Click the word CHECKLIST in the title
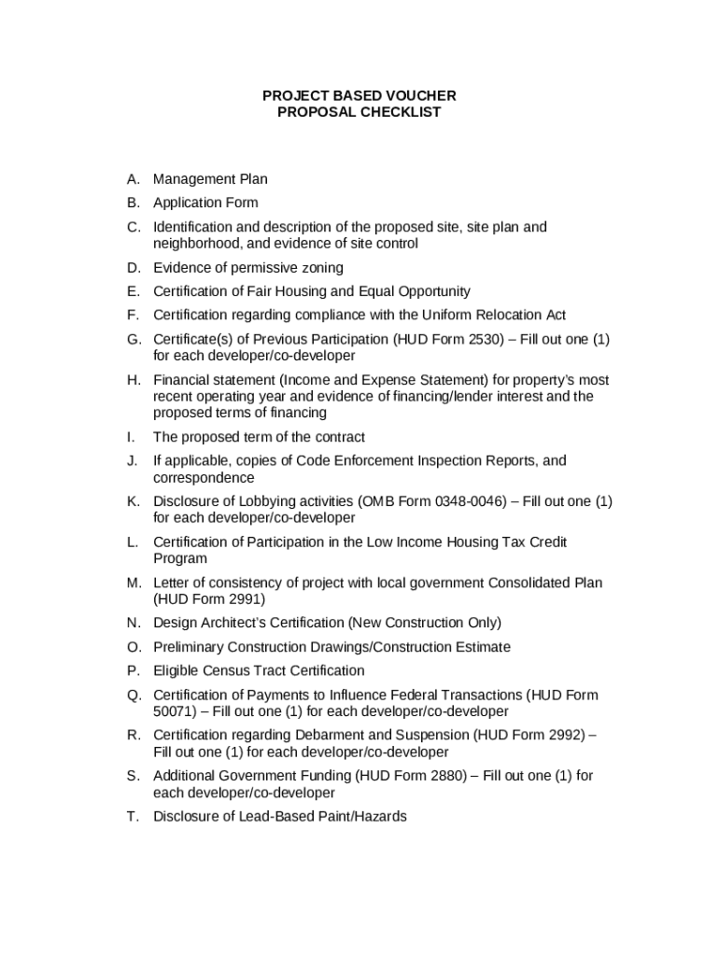[396, 112]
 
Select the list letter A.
[134, 178]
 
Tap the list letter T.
[134, 817]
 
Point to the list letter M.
[134, 583]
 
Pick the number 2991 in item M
[244, 599]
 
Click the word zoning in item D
[321, 268]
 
